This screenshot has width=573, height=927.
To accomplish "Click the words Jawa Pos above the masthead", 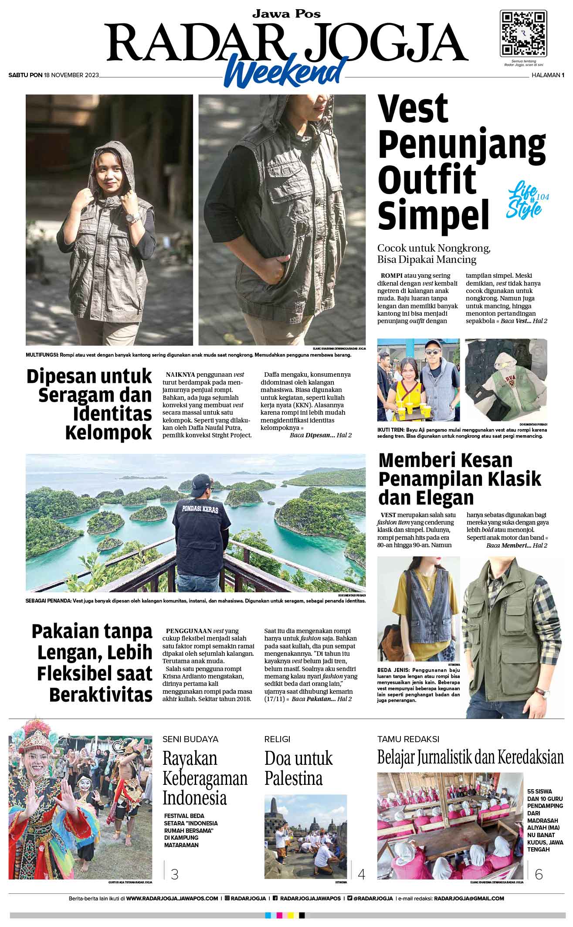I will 286,14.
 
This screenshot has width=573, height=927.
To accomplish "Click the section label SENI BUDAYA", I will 190,739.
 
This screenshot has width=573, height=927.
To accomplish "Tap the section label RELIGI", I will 277,739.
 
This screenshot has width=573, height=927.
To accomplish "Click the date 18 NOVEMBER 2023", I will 71,75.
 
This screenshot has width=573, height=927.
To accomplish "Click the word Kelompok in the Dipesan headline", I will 108,433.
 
